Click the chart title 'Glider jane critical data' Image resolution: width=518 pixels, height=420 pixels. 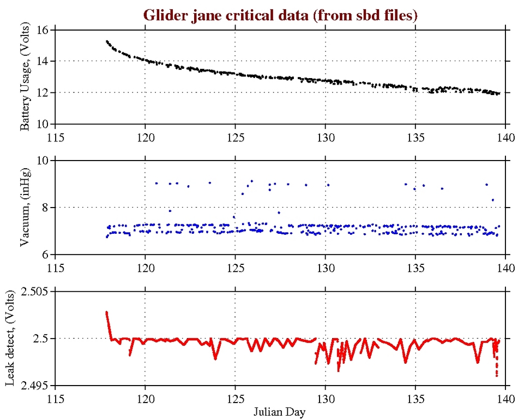point(280,15)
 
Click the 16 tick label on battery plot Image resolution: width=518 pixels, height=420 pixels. point(42,29)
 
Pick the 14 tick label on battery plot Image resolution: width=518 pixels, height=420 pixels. point(42,61)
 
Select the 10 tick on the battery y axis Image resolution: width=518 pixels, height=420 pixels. point(42,124)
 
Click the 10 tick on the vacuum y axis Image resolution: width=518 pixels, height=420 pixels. point(42,161)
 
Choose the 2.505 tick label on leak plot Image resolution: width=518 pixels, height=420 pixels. point(35,292)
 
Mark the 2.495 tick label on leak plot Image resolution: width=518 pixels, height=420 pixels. point(35,386)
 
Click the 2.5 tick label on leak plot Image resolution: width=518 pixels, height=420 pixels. point(40,339)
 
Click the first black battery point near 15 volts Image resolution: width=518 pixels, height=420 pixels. point(107,41)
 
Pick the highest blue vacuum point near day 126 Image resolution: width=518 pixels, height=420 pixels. point(251,181)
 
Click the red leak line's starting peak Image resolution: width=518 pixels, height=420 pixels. point(107,312)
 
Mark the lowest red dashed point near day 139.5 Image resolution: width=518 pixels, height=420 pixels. point(497,376)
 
